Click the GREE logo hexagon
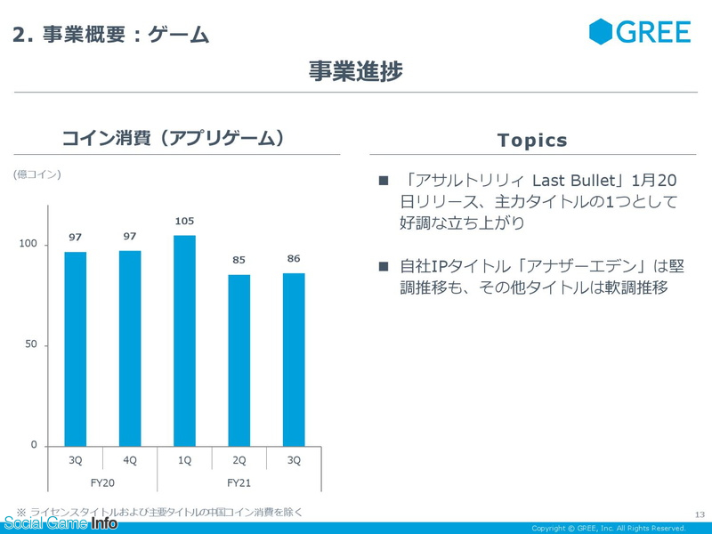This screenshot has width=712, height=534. pos(601,32)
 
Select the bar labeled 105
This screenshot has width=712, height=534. pos(184,341)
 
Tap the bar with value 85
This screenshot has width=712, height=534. pos(239,360)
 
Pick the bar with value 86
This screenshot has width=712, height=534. pos(294,360)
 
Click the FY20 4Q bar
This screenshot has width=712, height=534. pos(130,349)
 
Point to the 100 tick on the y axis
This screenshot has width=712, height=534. pos(28,244)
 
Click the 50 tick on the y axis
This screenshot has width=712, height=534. pos(31,344)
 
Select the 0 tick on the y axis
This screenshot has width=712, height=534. pos(34,445)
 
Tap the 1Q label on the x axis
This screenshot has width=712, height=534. pos(184,460)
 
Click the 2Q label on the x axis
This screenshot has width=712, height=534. pos(239,460)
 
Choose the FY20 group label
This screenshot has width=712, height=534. pos(102,482)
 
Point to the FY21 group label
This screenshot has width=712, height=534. pos(239,482)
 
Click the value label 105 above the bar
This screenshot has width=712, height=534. pos(184,221)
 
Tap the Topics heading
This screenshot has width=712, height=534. pos(532,141)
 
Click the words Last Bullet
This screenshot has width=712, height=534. pos(573,181)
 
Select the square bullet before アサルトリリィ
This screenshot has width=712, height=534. pos(384,181)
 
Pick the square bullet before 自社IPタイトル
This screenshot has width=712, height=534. pos(384,266)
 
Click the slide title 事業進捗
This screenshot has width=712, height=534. pos(355,71)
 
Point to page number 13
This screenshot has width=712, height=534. pos(700,514)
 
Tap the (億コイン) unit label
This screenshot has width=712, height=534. pos(36,174)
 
